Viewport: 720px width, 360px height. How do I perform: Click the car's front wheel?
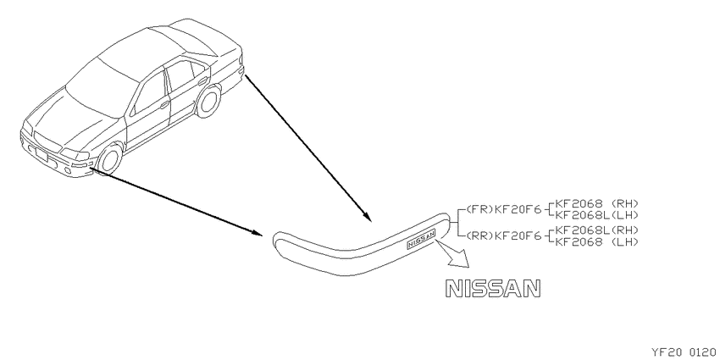[x=110, y=158]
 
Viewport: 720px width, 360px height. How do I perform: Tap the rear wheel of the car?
[x=208, y=102]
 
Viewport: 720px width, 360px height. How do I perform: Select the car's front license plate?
[x=42, y=155]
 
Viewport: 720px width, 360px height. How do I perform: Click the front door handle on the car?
[x=164, y=105]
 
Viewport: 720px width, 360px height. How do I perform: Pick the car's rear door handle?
[x=202, y=80]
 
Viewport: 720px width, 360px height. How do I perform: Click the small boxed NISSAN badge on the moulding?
[x=421, y=241]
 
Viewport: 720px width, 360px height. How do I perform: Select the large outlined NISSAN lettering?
[x=493, y=288]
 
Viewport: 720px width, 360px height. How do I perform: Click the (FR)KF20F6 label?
[x=504, y=210]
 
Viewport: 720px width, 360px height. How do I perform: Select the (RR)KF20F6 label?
[x=504, y=236]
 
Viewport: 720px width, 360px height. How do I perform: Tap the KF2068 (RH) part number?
[x=597, y=203]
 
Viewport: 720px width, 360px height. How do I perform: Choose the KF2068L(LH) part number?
[x=597, y=214]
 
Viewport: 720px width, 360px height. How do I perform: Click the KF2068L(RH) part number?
[x=597, y=230]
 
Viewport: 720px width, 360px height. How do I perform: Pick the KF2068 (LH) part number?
[x=597, y=241]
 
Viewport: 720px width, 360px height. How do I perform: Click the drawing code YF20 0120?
[x=684, y=352]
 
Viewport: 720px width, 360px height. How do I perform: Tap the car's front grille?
[x=47, y=141]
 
